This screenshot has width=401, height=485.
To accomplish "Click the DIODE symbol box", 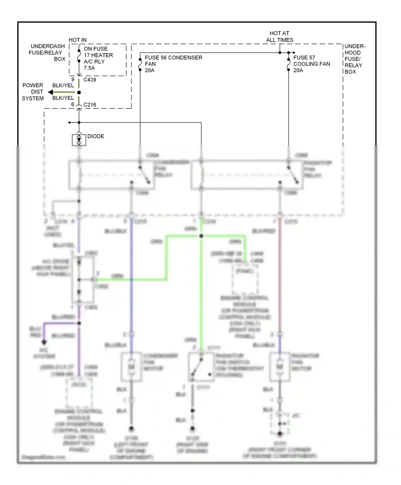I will coord(79,140).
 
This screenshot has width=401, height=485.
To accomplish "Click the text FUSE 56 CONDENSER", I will coord(173,58).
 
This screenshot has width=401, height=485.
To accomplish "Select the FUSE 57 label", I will coord(304,58).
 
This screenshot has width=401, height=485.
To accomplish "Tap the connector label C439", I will coord(90,80).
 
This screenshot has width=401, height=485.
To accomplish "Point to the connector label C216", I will coord(90,105).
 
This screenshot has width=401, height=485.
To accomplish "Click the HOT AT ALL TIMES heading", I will coord(279,37).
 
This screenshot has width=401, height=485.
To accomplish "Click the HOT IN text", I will coord(78,40).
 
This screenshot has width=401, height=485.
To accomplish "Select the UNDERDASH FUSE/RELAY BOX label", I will coord(47,53).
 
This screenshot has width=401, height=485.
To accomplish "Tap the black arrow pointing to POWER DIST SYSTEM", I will coord(51,92).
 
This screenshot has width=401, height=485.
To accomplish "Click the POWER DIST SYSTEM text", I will coord(33,92).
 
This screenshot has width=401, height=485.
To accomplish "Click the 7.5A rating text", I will coord(89,68).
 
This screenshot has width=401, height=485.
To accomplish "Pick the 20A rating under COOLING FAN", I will coord(298,71).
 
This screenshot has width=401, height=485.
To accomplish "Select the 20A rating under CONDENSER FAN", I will coord(150,71).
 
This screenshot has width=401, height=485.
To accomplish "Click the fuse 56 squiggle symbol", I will coord(140,64).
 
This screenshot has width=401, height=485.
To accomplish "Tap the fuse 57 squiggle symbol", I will coord(288,64).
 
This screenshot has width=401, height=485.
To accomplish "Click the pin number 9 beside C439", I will coord(73,79).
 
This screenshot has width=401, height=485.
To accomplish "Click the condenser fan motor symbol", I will coord(131,367).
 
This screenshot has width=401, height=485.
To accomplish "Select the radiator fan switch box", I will coord(201,367).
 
